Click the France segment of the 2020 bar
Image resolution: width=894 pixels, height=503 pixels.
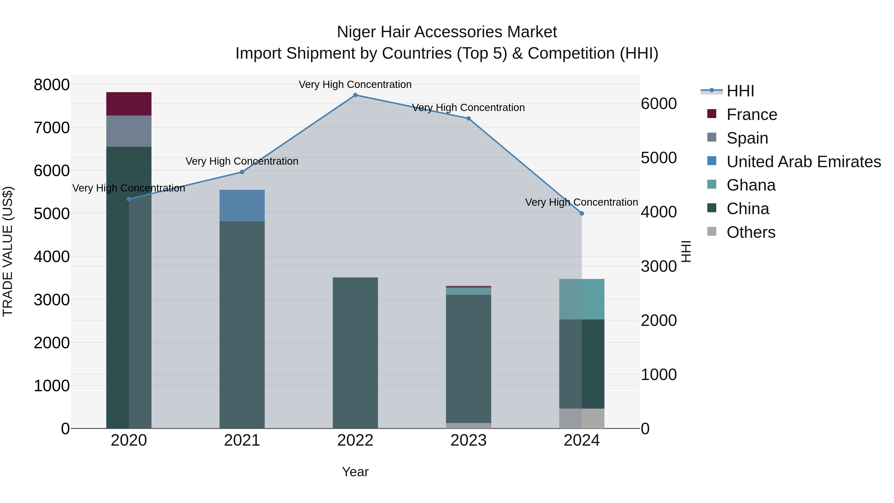pos(129,104)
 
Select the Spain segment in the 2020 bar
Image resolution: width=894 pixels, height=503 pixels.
pos(129,131)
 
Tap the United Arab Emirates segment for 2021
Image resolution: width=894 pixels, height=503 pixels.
pos(242,205)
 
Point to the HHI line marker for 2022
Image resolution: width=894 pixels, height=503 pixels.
pos(355,95)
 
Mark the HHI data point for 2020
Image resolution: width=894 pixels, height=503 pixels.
pos(129,199)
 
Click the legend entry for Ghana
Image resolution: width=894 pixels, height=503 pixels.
pos(751,185)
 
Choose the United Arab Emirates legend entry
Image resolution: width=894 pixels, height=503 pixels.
pos(803,162)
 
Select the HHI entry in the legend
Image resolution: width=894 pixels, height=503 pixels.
pos(740,91)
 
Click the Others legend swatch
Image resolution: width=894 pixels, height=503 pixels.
pos(711,232)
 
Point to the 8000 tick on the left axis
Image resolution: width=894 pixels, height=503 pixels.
pos(52,85)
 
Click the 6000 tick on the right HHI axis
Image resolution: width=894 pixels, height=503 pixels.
pos(658,104)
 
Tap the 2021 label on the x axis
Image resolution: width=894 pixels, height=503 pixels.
pos(242,440)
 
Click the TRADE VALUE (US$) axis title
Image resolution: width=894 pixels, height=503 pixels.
pos(8,251)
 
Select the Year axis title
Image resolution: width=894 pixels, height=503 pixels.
pos(355,472)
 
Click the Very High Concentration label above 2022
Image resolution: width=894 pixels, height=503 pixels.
pos(355,84)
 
